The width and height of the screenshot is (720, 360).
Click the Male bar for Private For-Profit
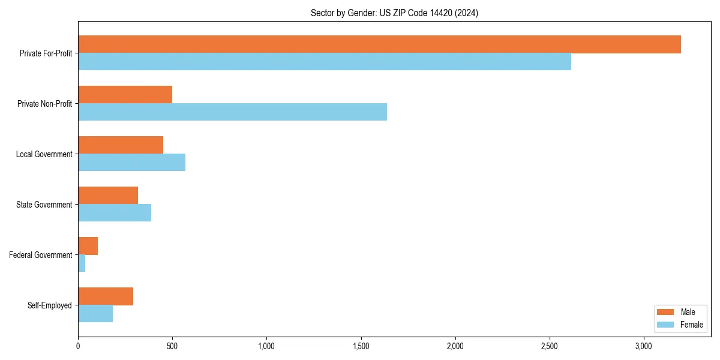[379, 44]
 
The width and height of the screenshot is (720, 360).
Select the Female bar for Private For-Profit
[325, 62]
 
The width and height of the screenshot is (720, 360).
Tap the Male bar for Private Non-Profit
[125, 95]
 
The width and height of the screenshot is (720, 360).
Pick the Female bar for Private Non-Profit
[232, 112]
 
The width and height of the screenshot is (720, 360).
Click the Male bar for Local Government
[121, 145]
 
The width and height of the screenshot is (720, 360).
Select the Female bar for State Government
[115, 213]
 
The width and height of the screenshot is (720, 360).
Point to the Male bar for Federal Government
[88, 246]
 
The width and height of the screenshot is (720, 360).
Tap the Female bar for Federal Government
[82, 263]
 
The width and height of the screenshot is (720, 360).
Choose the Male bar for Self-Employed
[106, 296]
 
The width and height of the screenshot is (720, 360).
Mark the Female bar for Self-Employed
[95, 314]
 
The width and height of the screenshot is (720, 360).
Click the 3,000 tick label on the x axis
[644, 346]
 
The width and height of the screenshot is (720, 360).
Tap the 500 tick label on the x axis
[172, 346]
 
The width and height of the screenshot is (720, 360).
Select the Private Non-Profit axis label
[44, 104]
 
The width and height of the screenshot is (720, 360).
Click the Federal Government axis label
[41, 255]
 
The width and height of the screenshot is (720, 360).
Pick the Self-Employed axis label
[49, 305]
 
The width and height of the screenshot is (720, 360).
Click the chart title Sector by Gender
[394, 13]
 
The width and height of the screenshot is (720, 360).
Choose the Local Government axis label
[44, 154]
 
